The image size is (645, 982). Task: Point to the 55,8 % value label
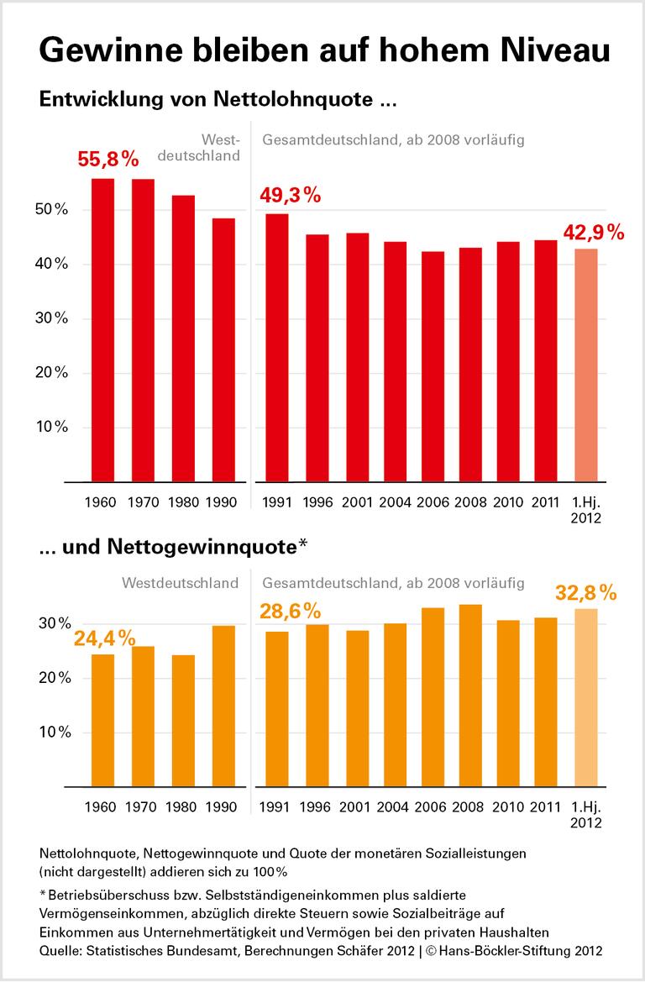click(107, 160)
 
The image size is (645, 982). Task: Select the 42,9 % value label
click(593, 232)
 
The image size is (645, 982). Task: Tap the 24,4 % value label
click(105, 638)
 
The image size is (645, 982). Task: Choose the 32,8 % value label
click(586, 593)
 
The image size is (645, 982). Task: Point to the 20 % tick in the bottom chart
click(52, 678)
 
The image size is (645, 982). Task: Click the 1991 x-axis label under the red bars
click(277, 503)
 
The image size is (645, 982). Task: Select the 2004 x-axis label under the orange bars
click(393, 807)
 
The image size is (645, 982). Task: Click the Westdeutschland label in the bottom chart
click(180, 582)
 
